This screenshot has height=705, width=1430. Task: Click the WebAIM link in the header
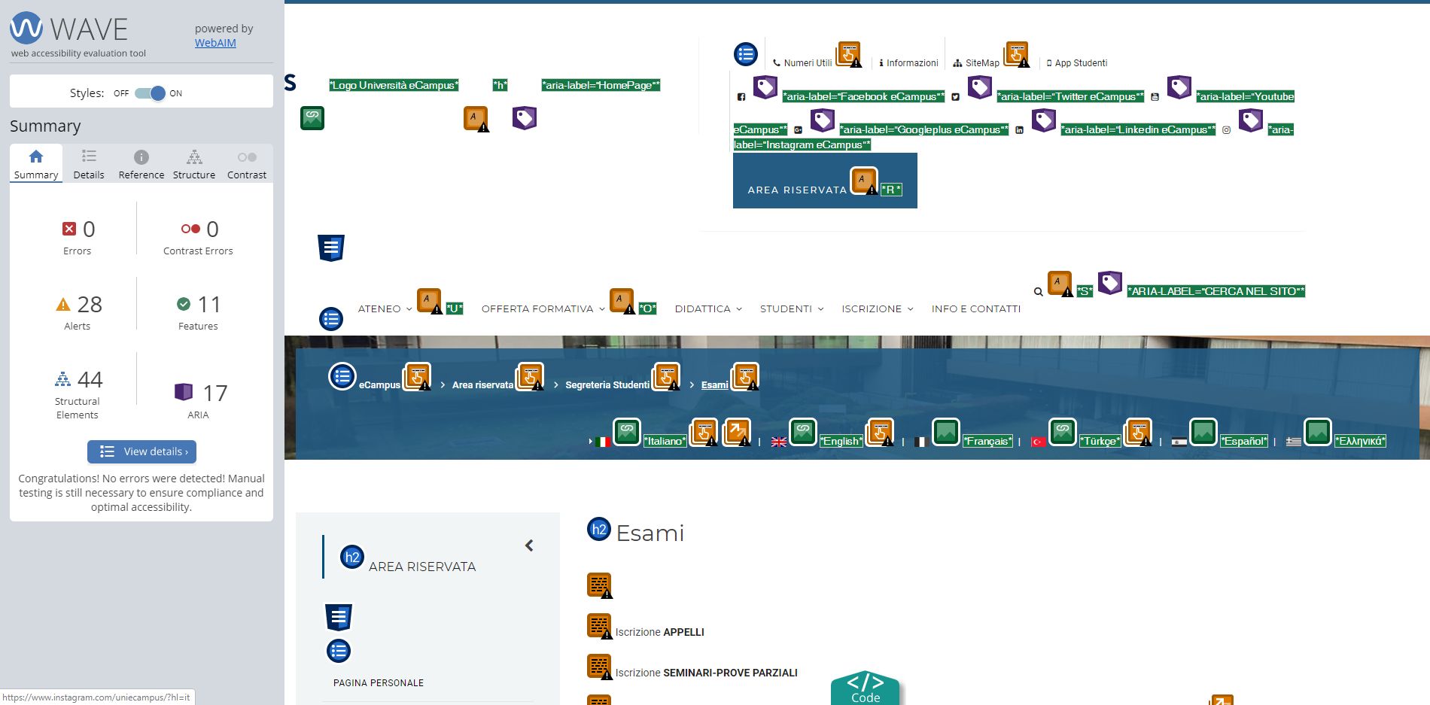pyautogui.click(x=215, y=43)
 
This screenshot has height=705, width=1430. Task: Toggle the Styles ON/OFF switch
pyautogui.click(x=150, y=93)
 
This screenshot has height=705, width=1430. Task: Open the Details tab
pyautogui.click(x=89, y=164)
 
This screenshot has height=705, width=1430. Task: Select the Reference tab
pyautogui.click(x=141, y=164)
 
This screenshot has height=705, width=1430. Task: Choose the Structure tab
pyautogui.click(x=194, y=164)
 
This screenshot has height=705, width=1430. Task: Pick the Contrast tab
pyautogui.click(x=247, y=164)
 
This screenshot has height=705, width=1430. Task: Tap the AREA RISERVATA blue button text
pyautogui.click(x=797, y=190)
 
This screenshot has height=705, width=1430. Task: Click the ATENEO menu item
pyautogui.click(x=379, y=309)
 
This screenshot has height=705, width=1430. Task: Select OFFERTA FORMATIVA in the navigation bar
pyautogui.click(x=537, y=309)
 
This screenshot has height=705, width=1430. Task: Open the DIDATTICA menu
pyautogui.click(x=703, y=309)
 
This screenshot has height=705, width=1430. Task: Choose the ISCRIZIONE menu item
pyautogui.click(x=872, y=309)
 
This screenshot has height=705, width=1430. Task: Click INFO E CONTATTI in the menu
pyautogui.click(x=976, y=309)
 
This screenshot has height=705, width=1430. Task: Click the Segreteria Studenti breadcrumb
pyautogui.click(x=607, y=385)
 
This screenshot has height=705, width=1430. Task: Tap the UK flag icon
pyautogui.click(x=779, y=442)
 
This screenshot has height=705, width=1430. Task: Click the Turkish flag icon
pyautogui.click(x=1039, y=442)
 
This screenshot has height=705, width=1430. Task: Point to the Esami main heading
pyautogui.click(x=650, y=533)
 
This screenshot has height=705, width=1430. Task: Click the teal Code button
pyautogui.click(x=866, y=688)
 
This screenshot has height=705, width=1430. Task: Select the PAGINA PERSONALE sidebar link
pyautogui.click(x=379, y=683)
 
